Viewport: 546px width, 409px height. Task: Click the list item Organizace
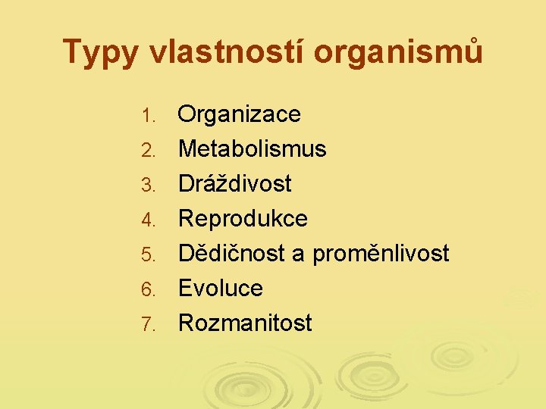[x=239, y=115]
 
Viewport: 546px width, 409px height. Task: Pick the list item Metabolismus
[x=252, y=149]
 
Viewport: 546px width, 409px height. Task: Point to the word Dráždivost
[x=234, y=183]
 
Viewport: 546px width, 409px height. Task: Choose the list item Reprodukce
[x=243, y=219]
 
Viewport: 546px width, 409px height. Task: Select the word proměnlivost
[x=381, y=254]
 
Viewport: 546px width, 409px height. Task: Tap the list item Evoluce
[x=220, y=288]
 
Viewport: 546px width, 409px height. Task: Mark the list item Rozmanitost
[x=245, y=323]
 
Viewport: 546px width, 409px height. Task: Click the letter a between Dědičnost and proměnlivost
[x=298, y=255]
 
